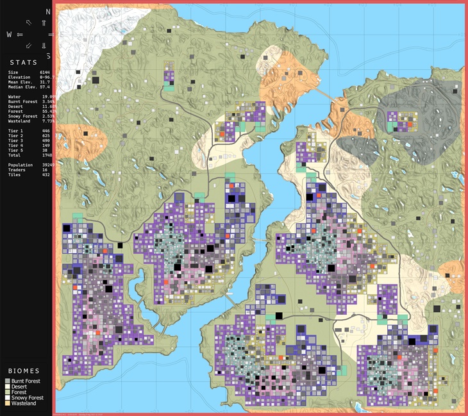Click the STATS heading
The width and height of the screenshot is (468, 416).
tap(22, 63)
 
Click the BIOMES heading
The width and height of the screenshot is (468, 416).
tap(22, 371)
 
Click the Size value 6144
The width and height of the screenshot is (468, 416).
tap(45, 73)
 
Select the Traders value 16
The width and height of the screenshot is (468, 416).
tap(44, 170)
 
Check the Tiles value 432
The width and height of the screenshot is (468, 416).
tap(45, 174)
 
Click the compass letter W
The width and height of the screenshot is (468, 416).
tap(8, 35)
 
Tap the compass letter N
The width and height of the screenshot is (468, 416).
tap(48, 12)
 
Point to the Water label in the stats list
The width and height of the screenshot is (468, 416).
tap(15, 96)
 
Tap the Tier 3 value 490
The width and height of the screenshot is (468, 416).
tap(45, 140)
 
